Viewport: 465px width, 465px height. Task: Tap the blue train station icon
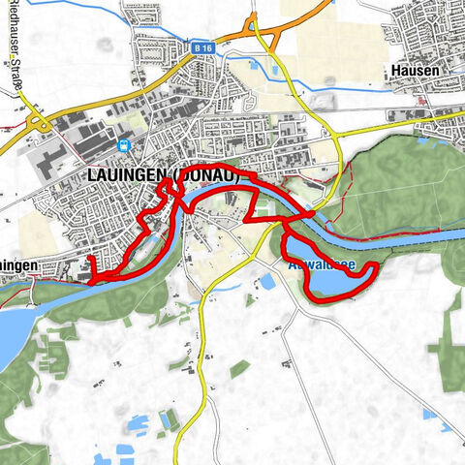pyautogui.click(x=123, y=145)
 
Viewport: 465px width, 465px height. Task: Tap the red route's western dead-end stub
pyautogui.click(x=90, y=260)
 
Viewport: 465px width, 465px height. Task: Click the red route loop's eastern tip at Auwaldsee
pyautogui.click(x=373, y=267)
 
